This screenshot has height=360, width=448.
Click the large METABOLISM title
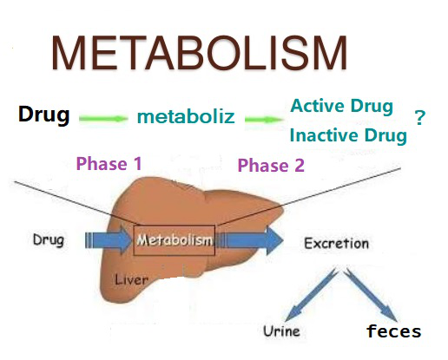[x=199, y=53]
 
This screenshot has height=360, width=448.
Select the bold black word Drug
[x=44, y=115]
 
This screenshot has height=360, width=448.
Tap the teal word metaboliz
[x=186, y=116]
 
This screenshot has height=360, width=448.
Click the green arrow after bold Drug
[x=103, y=119]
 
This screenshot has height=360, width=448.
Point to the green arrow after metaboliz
[x=264, y=120]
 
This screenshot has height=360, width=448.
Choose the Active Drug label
[x=342, y=106]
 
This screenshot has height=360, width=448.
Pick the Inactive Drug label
[x=348, y=135]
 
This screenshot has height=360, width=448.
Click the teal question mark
[x=420, y=117]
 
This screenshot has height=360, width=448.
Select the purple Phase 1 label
[x=109, y=163]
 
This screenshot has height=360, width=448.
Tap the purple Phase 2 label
[x=271, y=166]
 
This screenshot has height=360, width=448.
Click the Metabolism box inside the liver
[x=175, y=240]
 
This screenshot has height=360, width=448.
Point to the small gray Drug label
[x=49, y=240]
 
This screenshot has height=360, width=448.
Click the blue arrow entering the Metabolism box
[x=109, y=240]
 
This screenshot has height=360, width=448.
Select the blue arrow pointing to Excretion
[x=250, y=240]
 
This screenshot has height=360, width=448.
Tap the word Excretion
[x=336, y=243]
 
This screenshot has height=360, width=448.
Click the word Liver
[x=131, y=279]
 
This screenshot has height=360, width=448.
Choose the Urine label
[x=281, y=331]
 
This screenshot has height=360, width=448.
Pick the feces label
[x=393, y=331]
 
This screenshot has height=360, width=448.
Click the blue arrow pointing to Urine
[x=310, y=295]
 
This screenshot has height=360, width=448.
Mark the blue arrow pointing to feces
[x=372, y=294]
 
